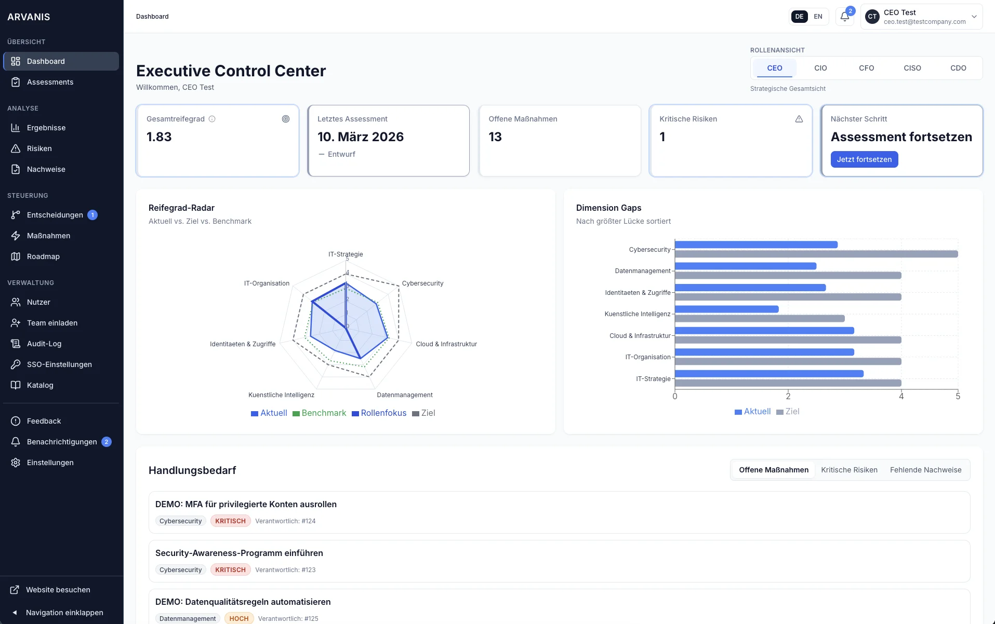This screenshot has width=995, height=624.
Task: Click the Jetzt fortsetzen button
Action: point(864,159)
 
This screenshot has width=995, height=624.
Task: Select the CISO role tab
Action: point(912,68)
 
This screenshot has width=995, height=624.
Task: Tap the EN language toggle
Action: point(818,17)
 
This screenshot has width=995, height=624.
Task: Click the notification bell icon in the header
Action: point(844,17)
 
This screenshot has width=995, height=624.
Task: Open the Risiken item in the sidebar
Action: point(39,148)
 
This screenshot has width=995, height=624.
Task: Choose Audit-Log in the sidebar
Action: point(44,344)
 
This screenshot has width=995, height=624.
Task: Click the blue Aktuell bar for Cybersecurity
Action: point(755,245)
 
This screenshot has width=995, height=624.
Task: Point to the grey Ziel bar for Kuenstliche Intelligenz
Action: point(759,318)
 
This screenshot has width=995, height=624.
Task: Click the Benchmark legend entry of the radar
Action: point(319,413)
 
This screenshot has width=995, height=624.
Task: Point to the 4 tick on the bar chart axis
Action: point(901,396)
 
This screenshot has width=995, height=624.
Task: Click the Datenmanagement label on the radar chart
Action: point(404,395)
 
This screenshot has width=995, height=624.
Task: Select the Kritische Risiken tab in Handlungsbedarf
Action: point(849,470)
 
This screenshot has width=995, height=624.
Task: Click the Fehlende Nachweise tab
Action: point(925,470)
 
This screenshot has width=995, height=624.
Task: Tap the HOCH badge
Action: point(238,618)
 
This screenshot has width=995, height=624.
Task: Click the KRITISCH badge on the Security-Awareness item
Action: point(230,569)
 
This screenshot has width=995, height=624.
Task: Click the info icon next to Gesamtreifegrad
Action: point(212,119)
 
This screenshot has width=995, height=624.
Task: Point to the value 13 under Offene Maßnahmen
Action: point(495,137)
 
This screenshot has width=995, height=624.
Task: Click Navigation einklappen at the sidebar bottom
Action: point(64,613)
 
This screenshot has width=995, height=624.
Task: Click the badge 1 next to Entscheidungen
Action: point(92,215)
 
